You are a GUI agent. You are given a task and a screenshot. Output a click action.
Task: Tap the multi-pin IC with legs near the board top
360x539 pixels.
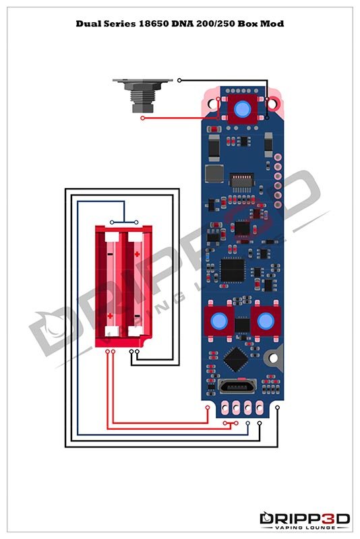241,181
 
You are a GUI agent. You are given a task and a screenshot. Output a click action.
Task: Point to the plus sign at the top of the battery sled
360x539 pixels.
137,254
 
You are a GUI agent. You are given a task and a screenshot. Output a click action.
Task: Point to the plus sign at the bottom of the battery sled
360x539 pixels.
110,315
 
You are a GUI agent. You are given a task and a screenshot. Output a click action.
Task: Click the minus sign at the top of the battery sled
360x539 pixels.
110,254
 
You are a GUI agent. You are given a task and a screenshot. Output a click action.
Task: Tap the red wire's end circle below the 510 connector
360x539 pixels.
142,119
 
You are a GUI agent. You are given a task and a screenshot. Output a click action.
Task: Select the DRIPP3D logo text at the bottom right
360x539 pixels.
305,518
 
